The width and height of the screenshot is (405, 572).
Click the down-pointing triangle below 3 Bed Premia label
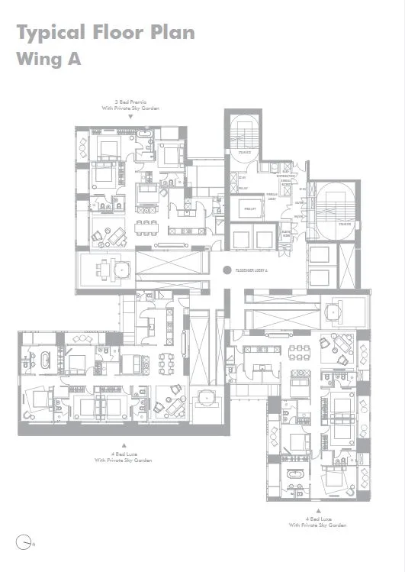tap(130, 117)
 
